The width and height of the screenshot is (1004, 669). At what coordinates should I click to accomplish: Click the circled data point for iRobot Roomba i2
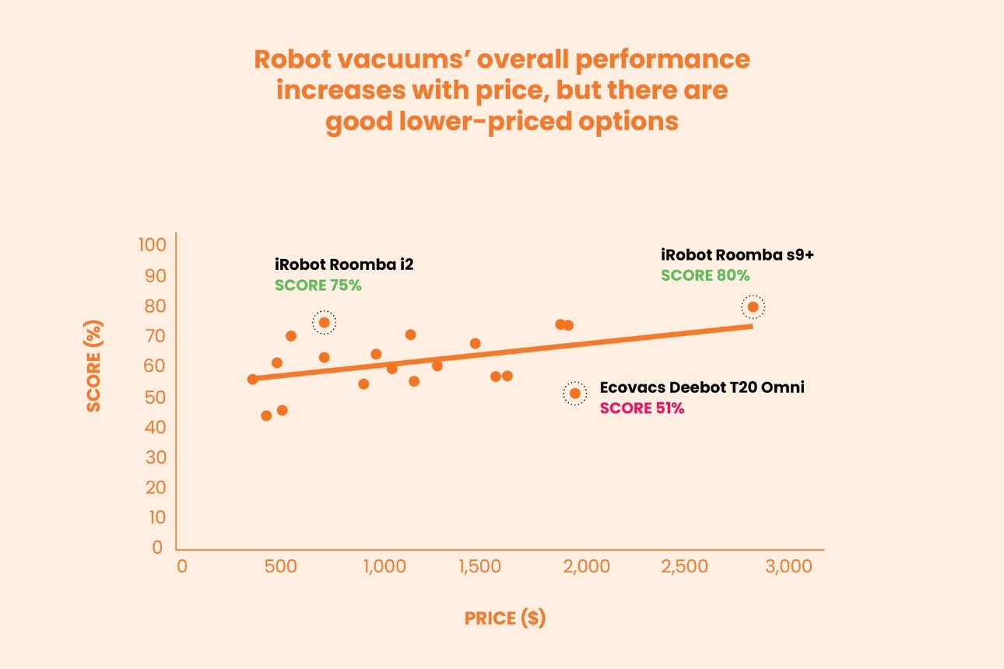(325, 322)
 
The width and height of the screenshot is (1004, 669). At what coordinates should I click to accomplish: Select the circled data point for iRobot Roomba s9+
(753, 306)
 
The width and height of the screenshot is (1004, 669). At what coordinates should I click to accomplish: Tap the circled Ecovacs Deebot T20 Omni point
(575, 393)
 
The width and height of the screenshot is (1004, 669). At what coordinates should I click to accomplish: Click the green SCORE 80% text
(705, 275)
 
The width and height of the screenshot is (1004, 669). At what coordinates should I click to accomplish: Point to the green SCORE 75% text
(318, 285)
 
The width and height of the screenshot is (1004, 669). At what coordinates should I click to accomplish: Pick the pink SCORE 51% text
(642, 408)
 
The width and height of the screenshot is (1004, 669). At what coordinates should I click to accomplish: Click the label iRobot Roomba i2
(344, 264)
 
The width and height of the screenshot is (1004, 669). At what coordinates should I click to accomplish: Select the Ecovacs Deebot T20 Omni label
(702, 387)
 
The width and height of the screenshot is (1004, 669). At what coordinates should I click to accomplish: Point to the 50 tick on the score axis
(156, 397)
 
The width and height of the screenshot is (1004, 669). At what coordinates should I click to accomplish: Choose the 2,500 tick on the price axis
(684, 566)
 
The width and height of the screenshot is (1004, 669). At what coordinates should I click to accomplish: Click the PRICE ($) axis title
(505, 618)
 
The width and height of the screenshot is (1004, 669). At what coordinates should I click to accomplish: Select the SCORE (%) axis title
(93, 366)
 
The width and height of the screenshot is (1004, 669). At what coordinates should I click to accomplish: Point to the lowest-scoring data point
(266, 415)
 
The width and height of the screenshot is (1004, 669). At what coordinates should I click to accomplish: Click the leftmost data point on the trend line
(252, 379)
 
